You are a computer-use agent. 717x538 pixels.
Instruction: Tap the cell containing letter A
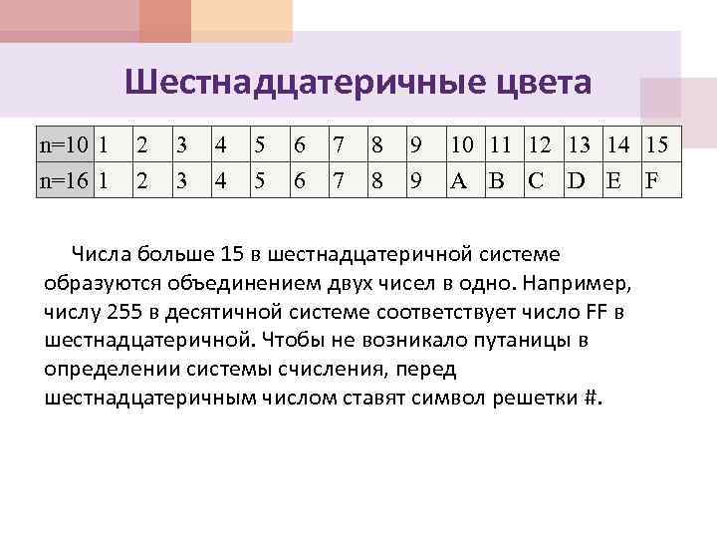(459, 181)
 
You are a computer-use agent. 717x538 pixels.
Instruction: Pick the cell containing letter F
(653, 181)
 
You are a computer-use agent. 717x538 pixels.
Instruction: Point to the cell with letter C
(539, 181)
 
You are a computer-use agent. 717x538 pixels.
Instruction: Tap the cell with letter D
(578, 181)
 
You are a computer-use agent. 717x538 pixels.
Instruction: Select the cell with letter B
(497, 181)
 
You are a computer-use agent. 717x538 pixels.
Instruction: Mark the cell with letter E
(615, 181)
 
